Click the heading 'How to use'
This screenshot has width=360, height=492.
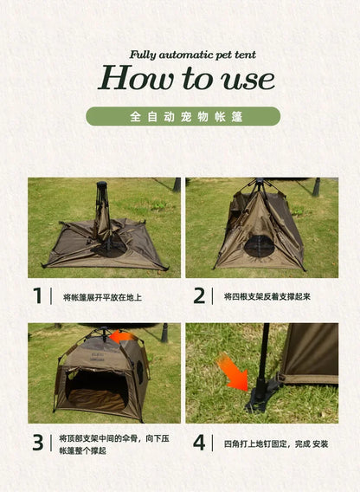tap(186, 79)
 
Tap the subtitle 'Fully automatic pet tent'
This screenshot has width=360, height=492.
tap(193, 55)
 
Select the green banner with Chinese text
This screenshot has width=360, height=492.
tap(183, 116)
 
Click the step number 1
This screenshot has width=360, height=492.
tap(37, 296)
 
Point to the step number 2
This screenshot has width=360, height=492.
tap(200, 296)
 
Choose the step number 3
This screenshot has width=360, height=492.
tap(37, 443)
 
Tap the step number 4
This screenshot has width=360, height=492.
tap(200, 443)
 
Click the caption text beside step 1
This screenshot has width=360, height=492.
tap(102, 297)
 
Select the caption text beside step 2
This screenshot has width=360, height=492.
tap(267, 297)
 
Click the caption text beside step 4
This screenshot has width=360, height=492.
tap(275, 443)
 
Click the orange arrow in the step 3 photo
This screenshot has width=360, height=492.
tap(122, 337)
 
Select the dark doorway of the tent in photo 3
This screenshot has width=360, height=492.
tap(95, 385)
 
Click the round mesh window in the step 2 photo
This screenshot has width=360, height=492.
tap(259, 246)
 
